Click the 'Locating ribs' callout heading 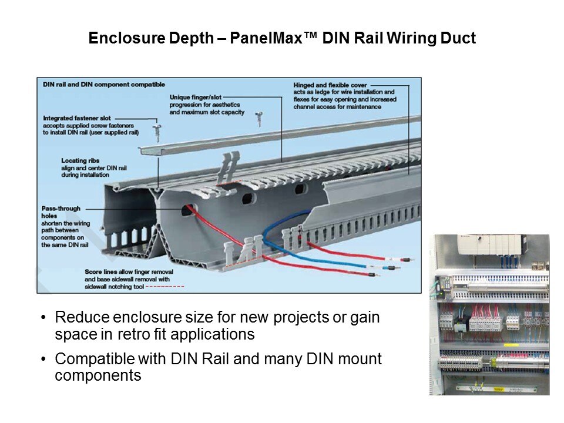(x=80, y=160)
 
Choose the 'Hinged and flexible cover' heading (x=330, y=85)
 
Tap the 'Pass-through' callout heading (x=61, y=208)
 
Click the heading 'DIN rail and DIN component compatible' (x=104, y=85)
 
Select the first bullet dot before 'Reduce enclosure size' (x=43, y=318)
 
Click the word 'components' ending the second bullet (x=98, y=375)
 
